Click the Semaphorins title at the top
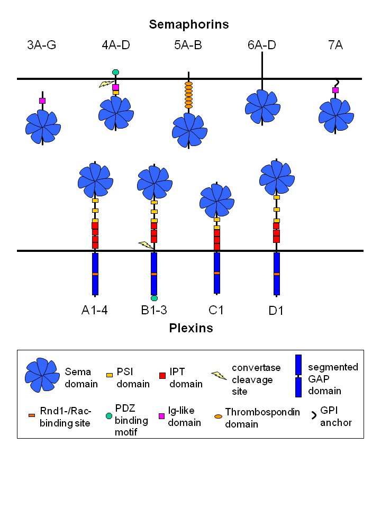point(188,24)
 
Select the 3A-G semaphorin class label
point(42,45)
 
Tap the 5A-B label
point(188,45)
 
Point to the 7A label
point(335,45)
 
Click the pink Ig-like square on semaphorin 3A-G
point(42,101)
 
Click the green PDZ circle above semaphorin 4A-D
point(115,72)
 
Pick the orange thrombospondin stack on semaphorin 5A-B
point(188,95)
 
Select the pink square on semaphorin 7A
point(335,90)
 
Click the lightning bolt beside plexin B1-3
point(146,244)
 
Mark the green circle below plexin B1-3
point(154,298)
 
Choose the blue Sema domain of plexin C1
point(217,199)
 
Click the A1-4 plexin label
point(95,310)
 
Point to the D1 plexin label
point(276,311)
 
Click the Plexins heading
point(191,328)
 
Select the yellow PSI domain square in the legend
point(110,375)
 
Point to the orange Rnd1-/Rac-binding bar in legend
point(32,415)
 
